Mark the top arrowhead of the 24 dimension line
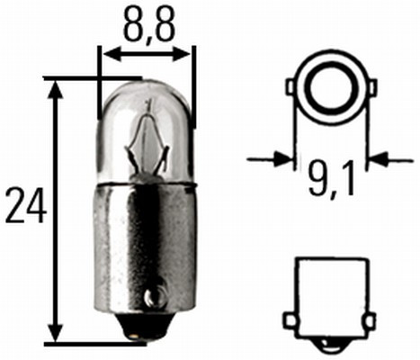click(57, 87)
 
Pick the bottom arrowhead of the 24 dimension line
click(57, 335)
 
